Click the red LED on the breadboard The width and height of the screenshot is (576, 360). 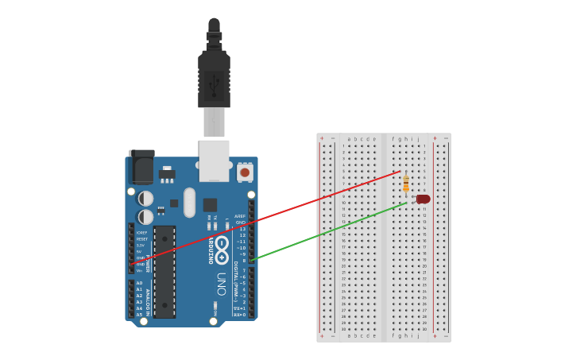coord(423,199)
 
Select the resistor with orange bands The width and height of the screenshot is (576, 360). coord(406,184)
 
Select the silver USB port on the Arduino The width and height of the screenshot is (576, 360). coord(214,160)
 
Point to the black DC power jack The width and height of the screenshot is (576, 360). coord(141,166)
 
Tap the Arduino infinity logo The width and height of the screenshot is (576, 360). coord(222,245)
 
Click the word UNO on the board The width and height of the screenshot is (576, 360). coord(222,284)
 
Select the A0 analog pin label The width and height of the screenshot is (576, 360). coord(139,283)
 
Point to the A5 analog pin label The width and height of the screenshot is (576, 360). coord(139,315)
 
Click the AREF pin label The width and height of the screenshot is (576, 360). coord(240,216)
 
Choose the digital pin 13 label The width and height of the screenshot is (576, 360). coord(242,229)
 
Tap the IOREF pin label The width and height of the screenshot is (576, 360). coord(141,233)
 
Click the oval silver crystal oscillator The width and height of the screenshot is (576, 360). coord(189,203)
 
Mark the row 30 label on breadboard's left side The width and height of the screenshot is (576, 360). coord(343,329)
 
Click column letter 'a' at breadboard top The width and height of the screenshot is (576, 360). coord(349,138)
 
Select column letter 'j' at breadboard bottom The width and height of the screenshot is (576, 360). coord(418,335)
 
